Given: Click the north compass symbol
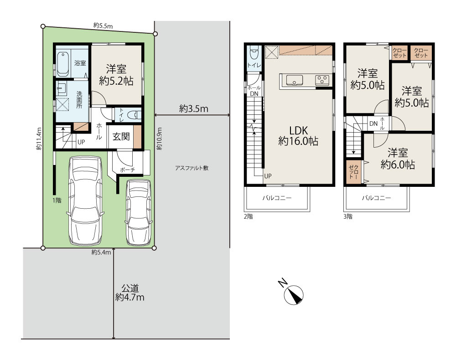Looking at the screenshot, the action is coord(293,295).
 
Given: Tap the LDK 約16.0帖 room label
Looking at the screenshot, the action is coord(298,136).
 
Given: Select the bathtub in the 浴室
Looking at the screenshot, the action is coord(62,64).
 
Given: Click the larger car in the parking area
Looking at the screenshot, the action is coord(85,201).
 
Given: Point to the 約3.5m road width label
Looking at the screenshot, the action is coord(194,108).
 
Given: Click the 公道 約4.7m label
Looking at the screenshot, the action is coord(130,293).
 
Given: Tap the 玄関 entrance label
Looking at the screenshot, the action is coord(121,136).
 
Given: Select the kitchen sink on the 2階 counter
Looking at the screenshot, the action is coord(294,80).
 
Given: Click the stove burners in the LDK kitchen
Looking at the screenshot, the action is coord(322,80).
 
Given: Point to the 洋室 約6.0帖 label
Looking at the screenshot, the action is coord(398,159).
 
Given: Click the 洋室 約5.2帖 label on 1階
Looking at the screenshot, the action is coord(116,75).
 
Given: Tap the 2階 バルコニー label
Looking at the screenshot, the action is coord(277,198).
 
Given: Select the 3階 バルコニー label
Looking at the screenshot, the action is coord(376,198).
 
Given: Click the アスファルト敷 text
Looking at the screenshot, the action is coord(192,168).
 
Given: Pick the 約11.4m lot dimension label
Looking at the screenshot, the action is coord(39,139).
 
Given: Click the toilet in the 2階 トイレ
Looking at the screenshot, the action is coord(254,52).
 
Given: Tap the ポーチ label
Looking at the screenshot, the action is coord(127,170).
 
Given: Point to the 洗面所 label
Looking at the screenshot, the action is coord(79,100).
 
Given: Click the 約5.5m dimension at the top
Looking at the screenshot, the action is coord(103,26).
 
